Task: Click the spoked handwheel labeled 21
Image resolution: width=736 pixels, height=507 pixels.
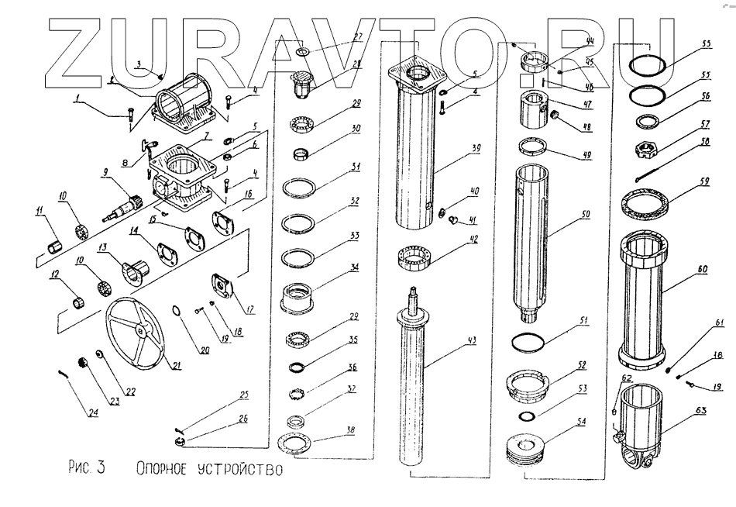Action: coord(139,330)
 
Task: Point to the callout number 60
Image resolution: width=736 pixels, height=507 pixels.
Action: coord(702,268)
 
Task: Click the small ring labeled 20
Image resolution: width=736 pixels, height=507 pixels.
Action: coord(177,313)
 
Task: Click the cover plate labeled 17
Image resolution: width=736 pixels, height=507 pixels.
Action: coord(224,286)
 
